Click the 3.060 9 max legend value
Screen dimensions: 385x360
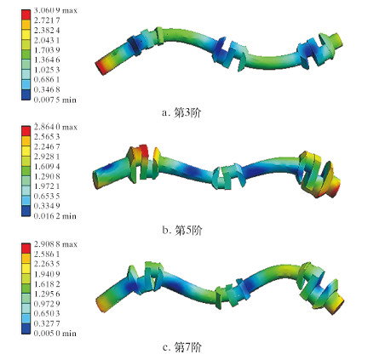click(55, 10)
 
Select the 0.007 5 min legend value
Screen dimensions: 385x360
click(55, 100)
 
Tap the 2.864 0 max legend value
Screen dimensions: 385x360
click(55, 127)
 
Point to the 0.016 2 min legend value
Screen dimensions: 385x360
click(55, 216)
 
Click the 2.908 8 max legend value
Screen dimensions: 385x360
click(55, 244)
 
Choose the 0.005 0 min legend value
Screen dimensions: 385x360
click(55, 333)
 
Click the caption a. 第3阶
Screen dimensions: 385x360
click(181, 112)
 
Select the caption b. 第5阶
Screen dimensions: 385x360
click(181, 230)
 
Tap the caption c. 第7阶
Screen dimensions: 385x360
click(181, 346)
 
